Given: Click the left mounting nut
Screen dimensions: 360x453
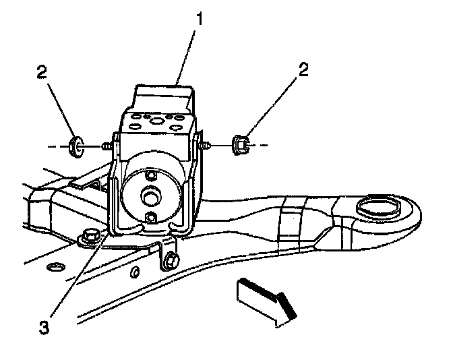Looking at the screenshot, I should [x=77, y=145].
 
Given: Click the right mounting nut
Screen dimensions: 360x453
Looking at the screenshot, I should [x=240, y=144].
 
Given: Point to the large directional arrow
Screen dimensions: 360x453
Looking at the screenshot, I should [x=266, y=300].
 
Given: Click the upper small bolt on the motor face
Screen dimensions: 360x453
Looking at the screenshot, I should [x=150, y=176].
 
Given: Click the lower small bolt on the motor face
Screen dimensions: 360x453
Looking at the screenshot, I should [x=150, y=217].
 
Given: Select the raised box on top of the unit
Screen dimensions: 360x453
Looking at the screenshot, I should [x=162, y=98].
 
